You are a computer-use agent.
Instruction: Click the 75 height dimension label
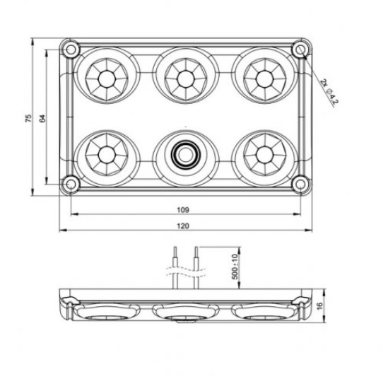[29, 118]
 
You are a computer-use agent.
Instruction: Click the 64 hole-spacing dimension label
[42, 118]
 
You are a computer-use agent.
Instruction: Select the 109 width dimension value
[183, 210]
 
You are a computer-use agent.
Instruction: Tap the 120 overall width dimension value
[183, 226]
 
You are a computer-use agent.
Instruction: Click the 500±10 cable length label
[235, 267]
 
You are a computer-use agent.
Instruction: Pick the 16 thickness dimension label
[319, 305]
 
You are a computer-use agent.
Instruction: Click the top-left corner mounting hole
[71, 49]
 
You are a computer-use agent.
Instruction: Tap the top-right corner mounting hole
[300, 49]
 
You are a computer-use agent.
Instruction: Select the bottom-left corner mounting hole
[71, 185]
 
